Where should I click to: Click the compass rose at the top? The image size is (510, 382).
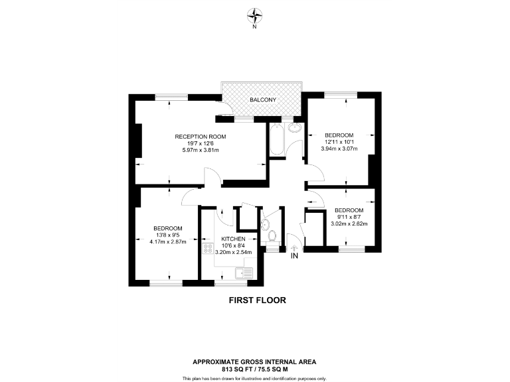[255, 14]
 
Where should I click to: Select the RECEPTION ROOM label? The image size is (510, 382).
[201, 137]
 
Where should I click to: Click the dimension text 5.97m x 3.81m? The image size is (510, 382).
[201, 151]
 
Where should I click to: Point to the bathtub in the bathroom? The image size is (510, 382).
[276, 140]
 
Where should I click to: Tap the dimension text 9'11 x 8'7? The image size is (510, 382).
[349, 217]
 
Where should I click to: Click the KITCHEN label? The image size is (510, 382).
[234, 239]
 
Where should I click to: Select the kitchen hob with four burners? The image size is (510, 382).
[207, 249]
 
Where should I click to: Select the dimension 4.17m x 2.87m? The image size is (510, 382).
[168, 241]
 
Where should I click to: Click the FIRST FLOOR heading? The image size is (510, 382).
[257, 300]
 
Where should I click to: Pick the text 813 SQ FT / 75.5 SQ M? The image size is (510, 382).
[254, 369]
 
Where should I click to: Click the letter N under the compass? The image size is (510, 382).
[255, 27]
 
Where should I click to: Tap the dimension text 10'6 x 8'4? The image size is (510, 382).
[234, 246]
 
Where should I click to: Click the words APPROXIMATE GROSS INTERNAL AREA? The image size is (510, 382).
[254, 361]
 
